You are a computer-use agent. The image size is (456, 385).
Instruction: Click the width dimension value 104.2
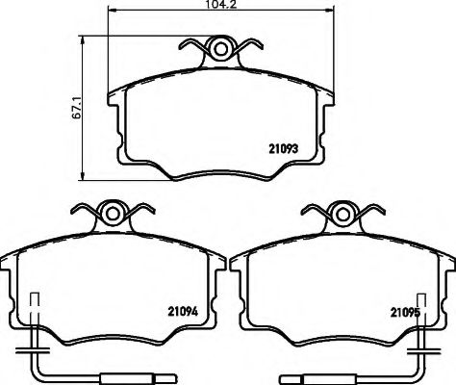[x=216, y=5]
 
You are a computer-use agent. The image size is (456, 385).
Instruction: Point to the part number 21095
[x=405, y=310]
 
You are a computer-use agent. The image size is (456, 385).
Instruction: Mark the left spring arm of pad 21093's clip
[x=195, y=45]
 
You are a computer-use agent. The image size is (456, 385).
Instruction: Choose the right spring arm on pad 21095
[x=371, y=209]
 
